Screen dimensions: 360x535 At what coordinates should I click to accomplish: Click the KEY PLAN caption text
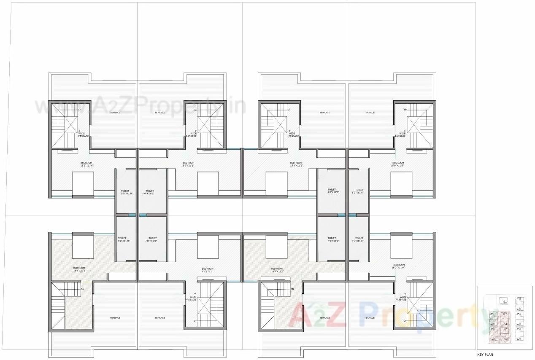pos(485,355)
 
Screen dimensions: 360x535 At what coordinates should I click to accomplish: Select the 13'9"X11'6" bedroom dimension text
pos(86,166)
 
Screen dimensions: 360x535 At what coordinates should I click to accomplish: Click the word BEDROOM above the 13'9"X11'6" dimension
pos(86,163)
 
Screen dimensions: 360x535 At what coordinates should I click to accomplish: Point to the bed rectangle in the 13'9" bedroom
pos(83,183)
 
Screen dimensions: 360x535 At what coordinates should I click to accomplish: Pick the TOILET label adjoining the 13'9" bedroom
pos(125,191)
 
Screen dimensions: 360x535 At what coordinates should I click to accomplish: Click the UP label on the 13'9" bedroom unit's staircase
pos(79,110)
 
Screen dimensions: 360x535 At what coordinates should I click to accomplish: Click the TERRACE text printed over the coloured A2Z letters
pos(324,318)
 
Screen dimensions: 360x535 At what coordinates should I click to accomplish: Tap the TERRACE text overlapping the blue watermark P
pos(369,318)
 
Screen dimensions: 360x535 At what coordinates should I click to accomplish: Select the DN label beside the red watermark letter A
pos(292,289)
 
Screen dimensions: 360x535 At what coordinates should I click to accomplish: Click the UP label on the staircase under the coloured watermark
pos(405,321)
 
